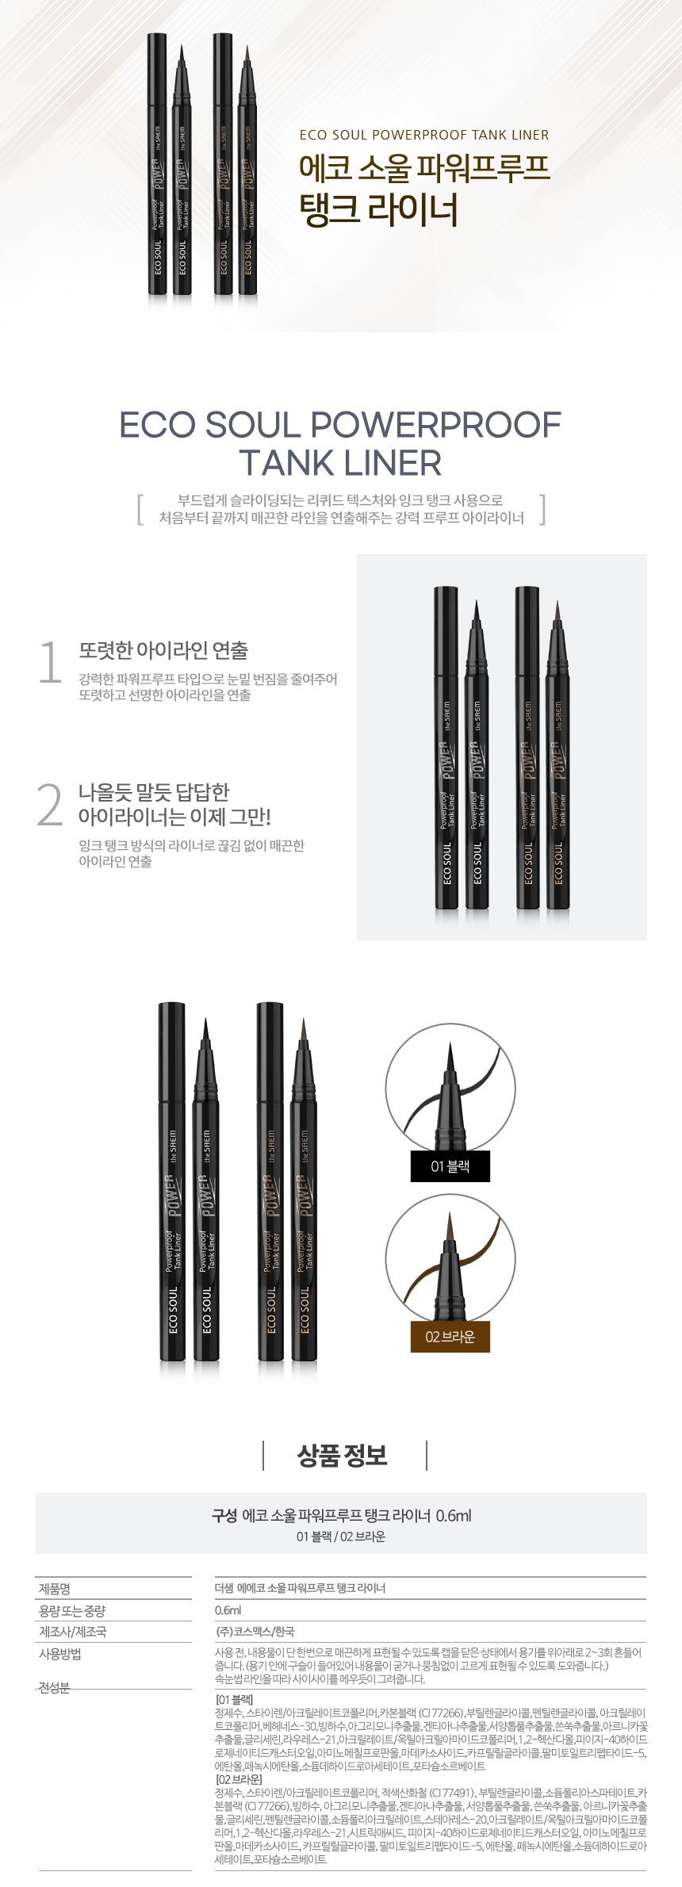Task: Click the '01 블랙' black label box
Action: [450, 1166]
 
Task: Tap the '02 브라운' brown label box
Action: [450, 1337]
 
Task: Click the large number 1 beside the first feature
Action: [50, 663]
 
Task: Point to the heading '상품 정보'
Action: [342, 1456]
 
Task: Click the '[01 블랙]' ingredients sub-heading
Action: [235, 1700]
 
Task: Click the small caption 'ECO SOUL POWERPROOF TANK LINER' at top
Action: [424, 135]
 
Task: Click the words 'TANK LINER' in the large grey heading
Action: [340, 463]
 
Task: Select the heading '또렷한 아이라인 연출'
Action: [163, 651]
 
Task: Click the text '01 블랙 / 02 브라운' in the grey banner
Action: [341, 1537]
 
